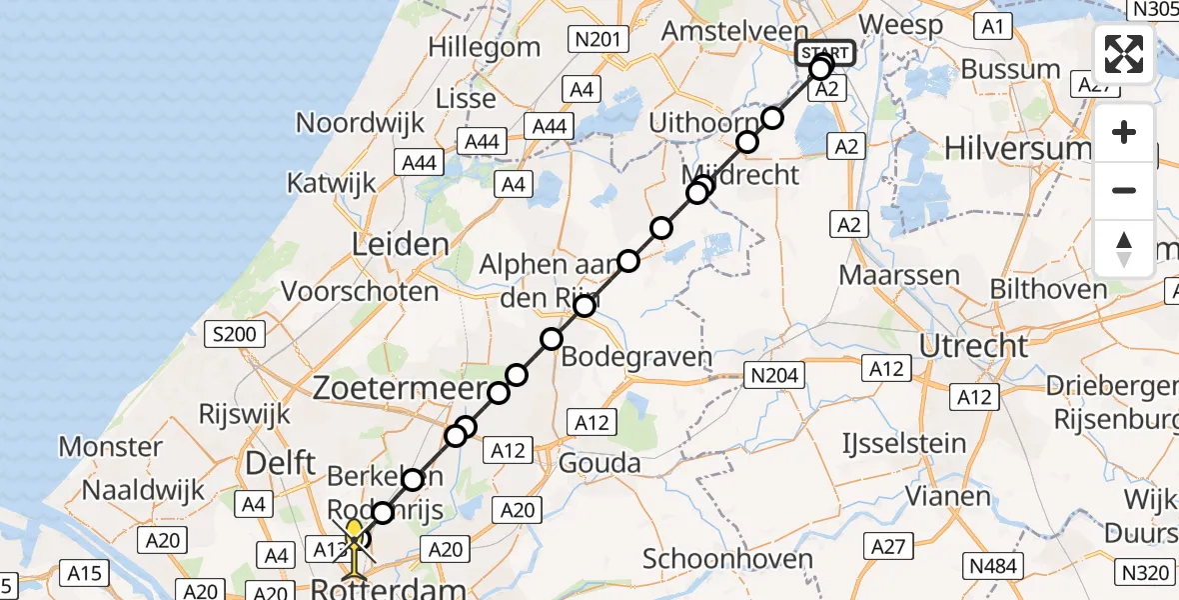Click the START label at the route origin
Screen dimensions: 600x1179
pyautogui.click(x=824, y=53)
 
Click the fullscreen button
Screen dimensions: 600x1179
pyautogui.click(x=1124, y=54)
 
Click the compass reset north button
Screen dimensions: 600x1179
pyautogui.click(x=1124, y=248)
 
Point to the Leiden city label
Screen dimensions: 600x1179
pyautogui.click(x=399, y=244)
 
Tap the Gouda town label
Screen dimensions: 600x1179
pyautogui.click(x=599, y=463)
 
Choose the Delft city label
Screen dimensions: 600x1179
pyautogui.click(x=282, y=461)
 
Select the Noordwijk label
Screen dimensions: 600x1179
pyautogui.click(x=361, y=123)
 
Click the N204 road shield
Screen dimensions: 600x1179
pyautogui.click(x=776, y=376)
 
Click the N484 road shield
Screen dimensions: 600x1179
pyautogui.click(x=993, y=567)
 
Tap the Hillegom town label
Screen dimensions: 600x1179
pyautogui.click(x=484, y=47)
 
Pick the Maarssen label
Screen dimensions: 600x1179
pyautogui.click(x=899, y=275)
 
